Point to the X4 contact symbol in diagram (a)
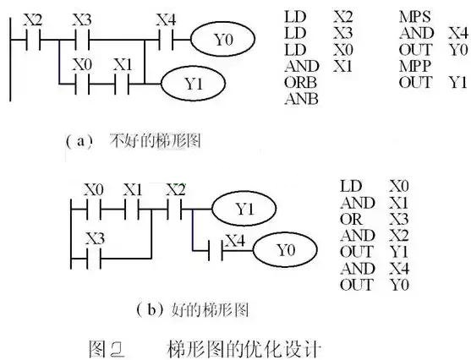tap(167, 39)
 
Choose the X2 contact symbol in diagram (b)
tap(175, 206)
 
